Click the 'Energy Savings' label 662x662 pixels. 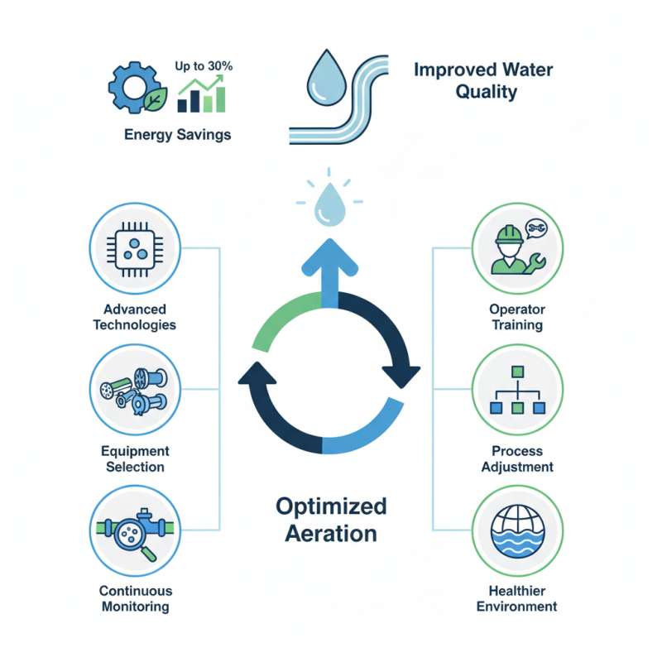[x=177, y=135]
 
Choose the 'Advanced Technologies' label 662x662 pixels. [x=134, y=316]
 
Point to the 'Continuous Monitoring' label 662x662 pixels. [x=134, y=598]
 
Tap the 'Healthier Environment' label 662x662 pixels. [x=516, y=598]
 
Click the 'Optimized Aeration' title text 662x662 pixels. [x=330, y=519]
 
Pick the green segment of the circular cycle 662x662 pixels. [x=277, y=325]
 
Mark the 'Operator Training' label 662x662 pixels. [x=516, y=317]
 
